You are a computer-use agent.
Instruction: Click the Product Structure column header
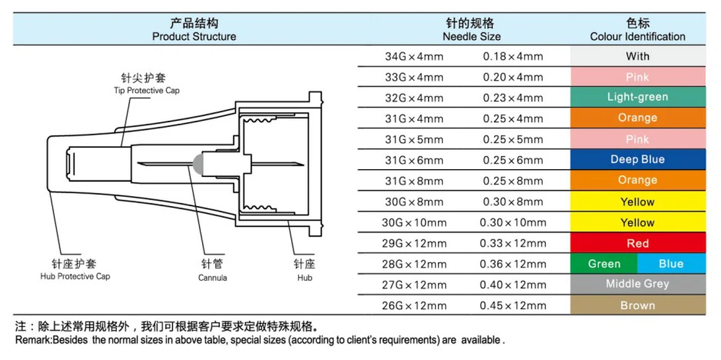click(x=194, y=30)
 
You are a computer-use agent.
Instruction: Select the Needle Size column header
click(x=472, y=30)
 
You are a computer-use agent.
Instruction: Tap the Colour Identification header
click(x=638, y=30)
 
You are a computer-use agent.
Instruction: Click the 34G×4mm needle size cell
click(x=414, y=57)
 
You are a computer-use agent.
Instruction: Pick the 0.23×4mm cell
click(x=513, y=98)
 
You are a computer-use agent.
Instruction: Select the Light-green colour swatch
click(x=638, y=98)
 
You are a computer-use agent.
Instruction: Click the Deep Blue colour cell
click(x=638, y=160)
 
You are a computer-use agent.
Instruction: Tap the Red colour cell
click(x=638, y=243)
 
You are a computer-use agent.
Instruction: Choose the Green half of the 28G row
click(x=604, y=264)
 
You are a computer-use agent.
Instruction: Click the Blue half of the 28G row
click(x=671, y=264)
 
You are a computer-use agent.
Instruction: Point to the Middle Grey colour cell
click(x=638, y=284)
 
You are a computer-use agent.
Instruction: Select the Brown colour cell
click(x=638, y=305)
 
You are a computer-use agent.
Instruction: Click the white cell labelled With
click(x=638, y=56)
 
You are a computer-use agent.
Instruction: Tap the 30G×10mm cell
click(x=414, y=223)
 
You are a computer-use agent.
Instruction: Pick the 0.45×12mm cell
click(x=513, y=306)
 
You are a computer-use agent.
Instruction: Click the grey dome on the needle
click(x=198, y=163)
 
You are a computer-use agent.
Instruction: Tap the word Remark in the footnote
click(x=34, y=341)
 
